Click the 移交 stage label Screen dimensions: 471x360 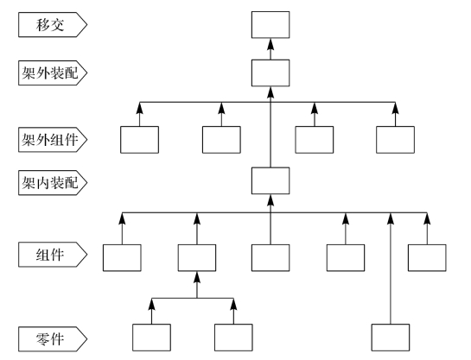pyautogui.click(x=53, y=24)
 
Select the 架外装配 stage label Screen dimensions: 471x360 pyautogui.click(x=53, y=73)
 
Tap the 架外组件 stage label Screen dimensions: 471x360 pyautogui.click(x=53, y=140)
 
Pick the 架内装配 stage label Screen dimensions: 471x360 pyautogui.click(x=53, y=183)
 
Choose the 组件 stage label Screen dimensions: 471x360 pyautogui.click(x=53, y=255)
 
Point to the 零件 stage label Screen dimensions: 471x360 pyautogui.click(x=53, y=339)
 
